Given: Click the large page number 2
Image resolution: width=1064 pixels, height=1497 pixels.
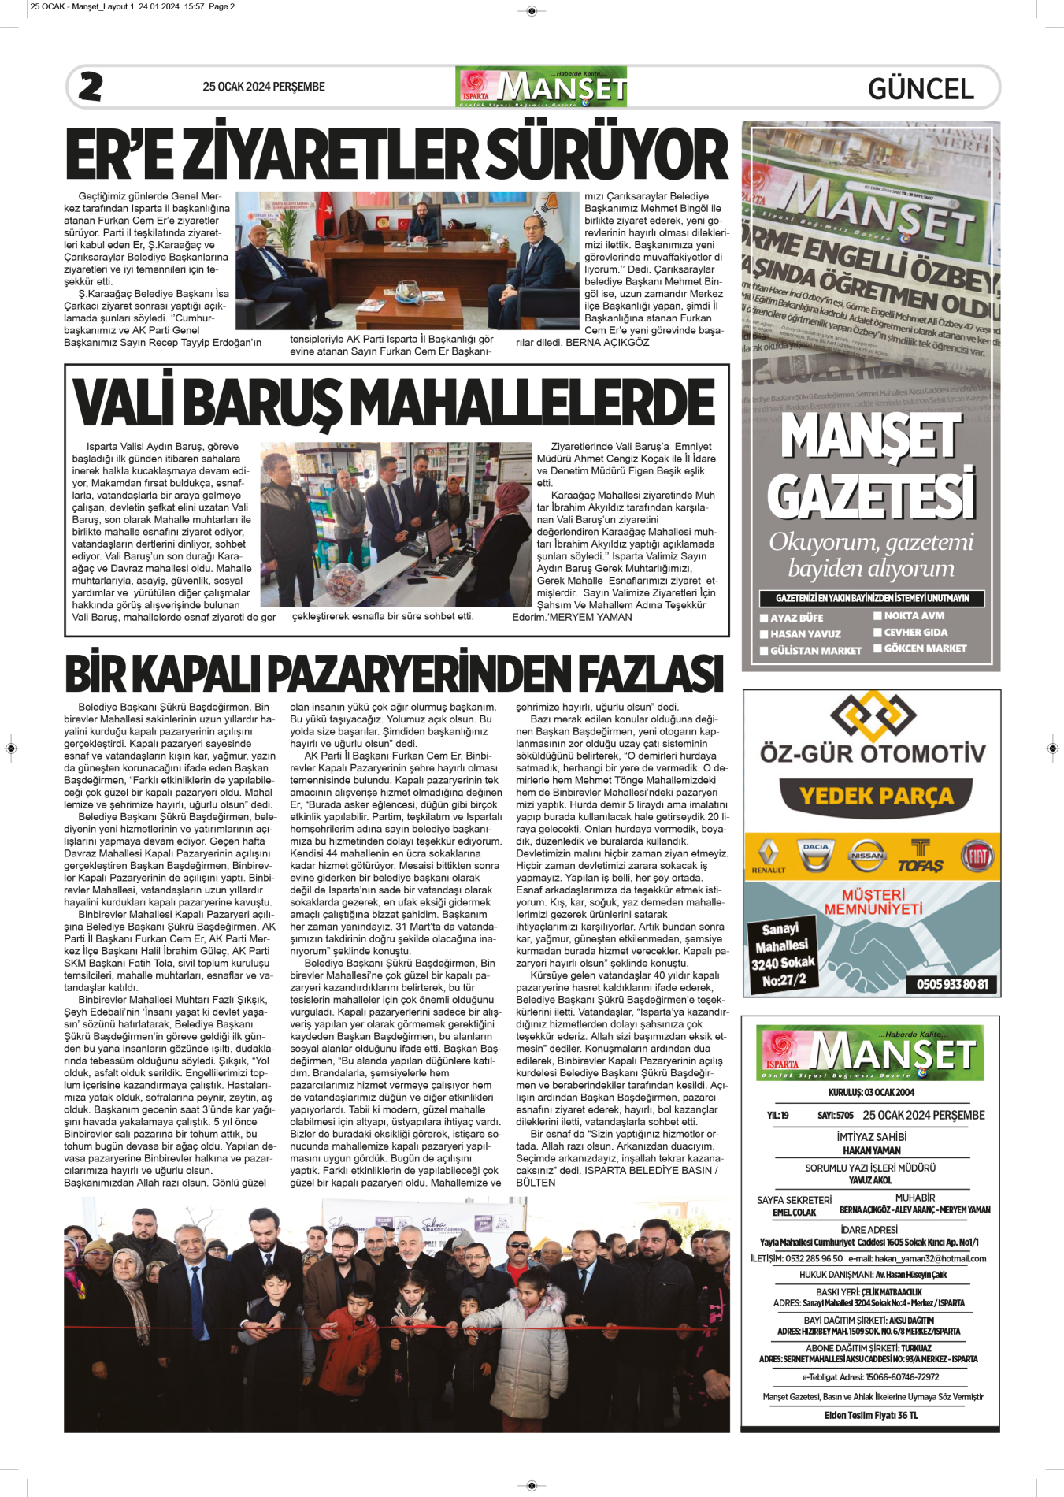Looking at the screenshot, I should pos(91,87).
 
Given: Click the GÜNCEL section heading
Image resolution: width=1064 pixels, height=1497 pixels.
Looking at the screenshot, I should pos(921,89).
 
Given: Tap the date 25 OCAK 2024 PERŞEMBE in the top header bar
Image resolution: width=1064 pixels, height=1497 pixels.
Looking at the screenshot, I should pos(264,87).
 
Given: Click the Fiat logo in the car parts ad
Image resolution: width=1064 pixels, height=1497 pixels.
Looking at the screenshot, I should pos(977,856).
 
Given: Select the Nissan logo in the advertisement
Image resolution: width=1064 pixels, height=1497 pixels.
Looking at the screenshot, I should pos(867,856).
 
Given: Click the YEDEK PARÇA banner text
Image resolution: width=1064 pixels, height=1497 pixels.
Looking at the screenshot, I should pos(876,797).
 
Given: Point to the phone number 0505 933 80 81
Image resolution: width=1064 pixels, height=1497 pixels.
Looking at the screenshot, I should pos(952,984).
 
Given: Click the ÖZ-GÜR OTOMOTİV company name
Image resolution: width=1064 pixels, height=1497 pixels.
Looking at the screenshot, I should pos(873,753).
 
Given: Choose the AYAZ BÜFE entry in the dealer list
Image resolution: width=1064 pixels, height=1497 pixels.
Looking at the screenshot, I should pos(796,618).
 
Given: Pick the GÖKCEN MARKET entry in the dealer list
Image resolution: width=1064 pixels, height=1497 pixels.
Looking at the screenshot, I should pos(925,648).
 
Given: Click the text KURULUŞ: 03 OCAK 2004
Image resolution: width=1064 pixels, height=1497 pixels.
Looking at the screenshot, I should pos(871,1092).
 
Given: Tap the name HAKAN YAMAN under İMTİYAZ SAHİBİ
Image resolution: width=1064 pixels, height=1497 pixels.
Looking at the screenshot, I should pos(871,1150).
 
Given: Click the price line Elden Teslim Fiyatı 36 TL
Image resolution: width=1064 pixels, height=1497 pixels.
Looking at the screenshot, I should pos(871,1415).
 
